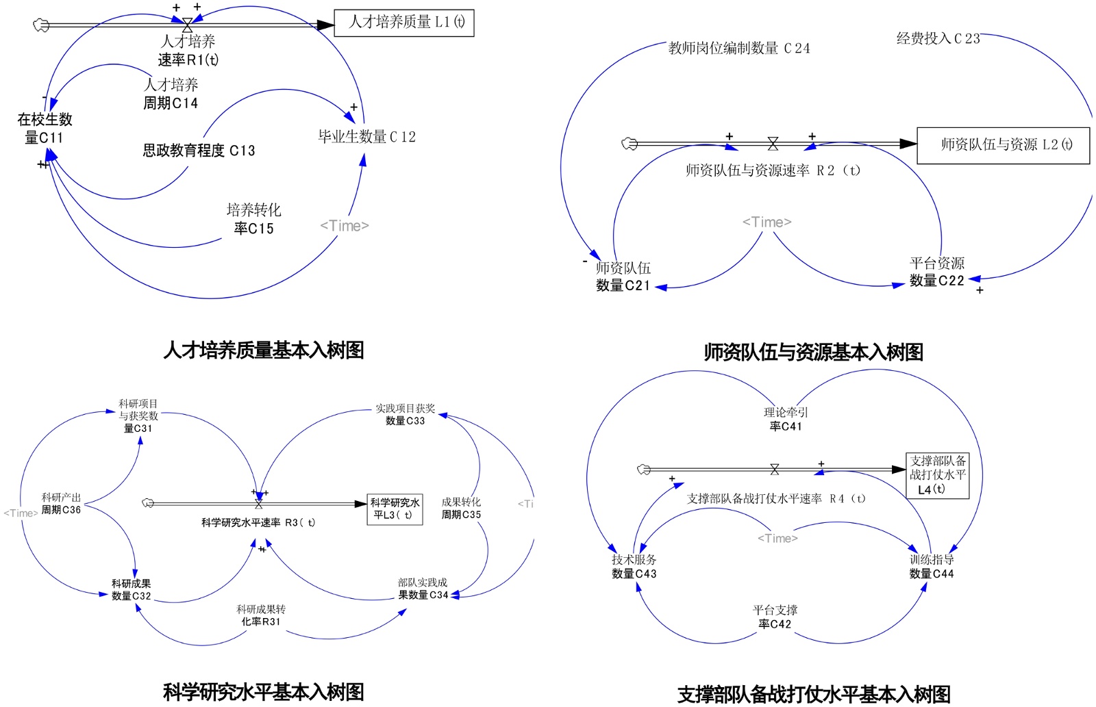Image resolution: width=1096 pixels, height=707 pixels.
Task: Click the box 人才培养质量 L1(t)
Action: click(x=404, y=23)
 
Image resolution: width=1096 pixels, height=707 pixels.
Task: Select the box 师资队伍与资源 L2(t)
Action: click(x=1003, y=145)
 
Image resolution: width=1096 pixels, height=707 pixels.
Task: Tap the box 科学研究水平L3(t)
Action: click(x=395, y=509)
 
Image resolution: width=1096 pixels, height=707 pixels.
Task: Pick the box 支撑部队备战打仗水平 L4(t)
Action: click(x=937, y=475)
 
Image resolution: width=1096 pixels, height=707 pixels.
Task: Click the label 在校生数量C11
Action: click(x=45, y=129)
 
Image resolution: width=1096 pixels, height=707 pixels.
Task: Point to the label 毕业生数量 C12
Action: click(x=366, y=137)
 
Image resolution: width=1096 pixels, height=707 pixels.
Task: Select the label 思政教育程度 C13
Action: click(x=199, y=151)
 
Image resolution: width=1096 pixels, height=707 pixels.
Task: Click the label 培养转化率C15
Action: click(x=253, y=219)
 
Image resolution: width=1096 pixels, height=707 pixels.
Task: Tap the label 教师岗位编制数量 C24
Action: click(x=739, y=48)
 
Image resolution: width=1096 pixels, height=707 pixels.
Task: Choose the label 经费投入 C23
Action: click(x=938, y=39)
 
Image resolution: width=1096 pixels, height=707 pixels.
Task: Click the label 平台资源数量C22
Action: click(x=936, y=272)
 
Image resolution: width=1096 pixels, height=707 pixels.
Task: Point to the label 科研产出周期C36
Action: click(x=61, y=504)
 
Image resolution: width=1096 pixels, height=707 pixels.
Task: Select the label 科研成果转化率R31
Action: click(x=261, y=615)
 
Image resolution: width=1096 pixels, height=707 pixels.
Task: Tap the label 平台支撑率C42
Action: click(x=775, y=617)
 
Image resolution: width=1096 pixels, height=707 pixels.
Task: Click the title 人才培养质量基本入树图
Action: click(x=264, y=350)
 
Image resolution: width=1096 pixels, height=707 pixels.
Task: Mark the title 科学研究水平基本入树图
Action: click(x=264, y=692)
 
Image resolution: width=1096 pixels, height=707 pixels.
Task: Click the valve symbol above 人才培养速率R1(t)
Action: click(x=187, y=25)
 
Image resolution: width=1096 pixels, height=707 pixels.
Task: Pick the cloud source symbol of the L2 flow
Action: click(x=629, y=144)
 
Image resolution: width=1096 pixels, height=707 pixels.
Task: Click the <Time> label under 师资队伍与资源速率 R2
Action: click(x=767, y=222)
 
